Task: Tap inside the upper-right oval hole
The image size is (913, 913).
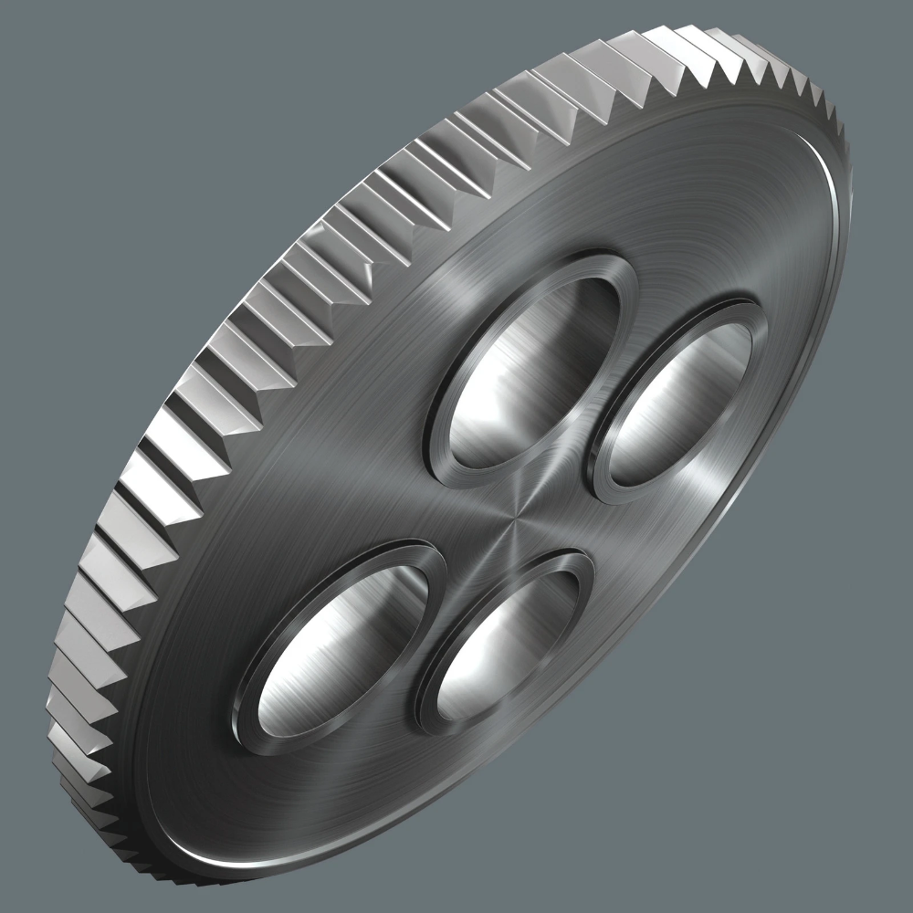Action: (x=680, y=393)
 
